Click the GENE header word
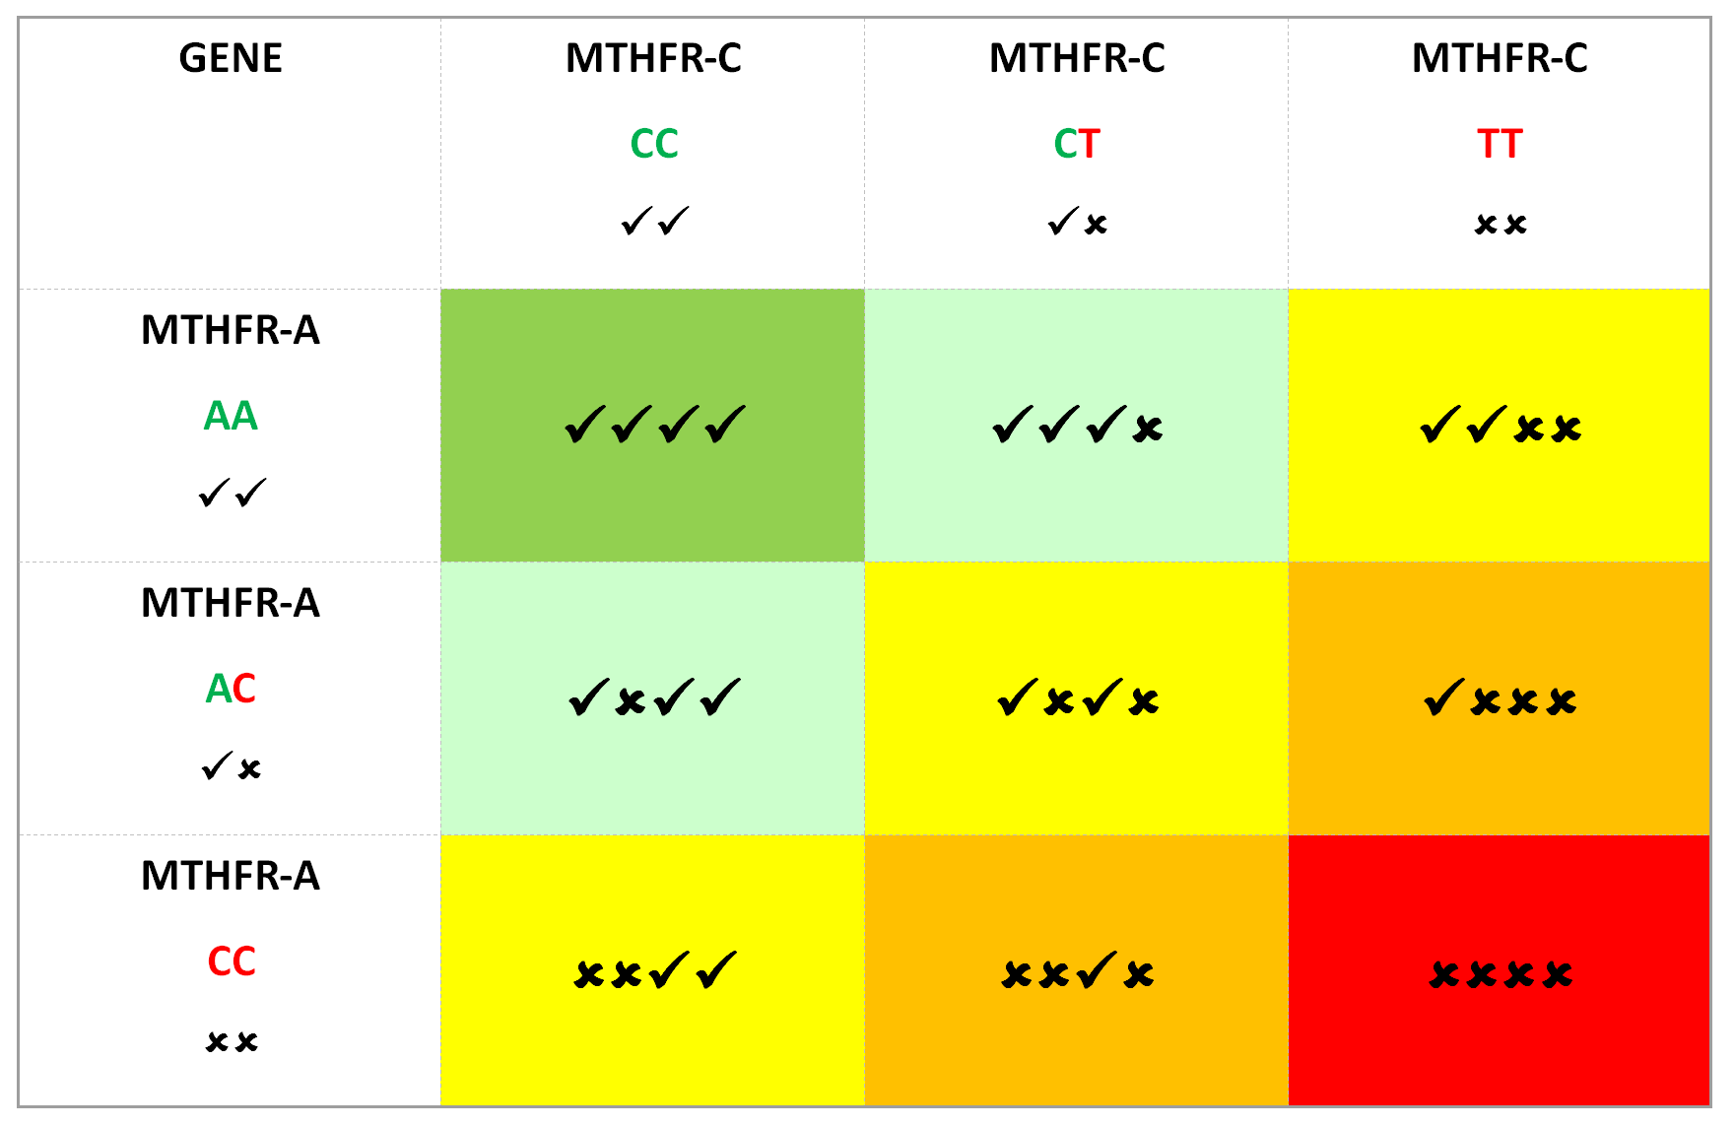tap(231, 59)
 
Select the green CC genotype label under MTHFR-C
tap(653, 144)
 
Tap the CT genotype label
tap(1076, 144)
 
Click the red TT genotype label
tap(1500, 144)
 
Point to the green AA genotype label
tap(231, 416)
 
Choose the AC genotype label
tap(231, 689)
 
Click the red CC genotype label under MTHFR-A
tap(231, 961)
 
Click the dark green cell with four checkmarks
tap(653, 426)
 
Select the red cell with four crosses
tap(1500, 971)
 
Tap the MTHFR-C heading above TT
tap(1500, 59)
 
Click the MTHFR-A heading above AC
tap(231, 603)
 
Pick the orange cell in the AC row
tap(1500, 698)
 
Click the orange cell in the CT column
tap(1076, 971)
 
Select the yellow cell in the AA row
tap(1500, 426)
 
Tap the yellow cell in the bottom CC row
tap(653, 971)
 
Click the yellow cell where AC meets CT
tap(1076, 698)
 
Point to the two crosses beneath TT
tap(1500, 225)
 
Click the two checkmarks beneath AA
tap(231, 493)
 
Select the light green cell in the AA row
tap(1076, 426)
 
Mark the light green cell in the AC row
tap(653, 698)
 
